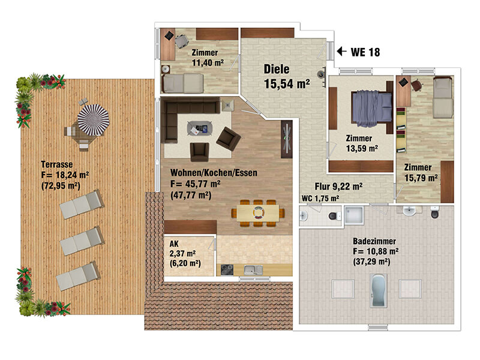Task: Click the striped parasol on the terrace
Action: coord(94,119)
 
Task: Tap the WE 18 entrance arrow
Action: coord(341,51)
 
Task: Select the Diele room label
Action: coord(277,69)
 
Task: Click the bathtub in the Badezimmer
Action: coord(379,290)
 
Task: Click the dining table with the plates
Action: coord(258,212)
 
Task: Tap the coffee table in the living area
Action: coord(200,128)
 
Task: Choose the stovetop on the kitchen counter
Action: coord(227,269)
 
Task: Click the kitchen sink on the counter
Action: coord(253,269)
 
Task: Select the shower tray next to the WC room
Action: coord(354,215)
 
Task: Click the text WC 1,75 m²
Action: coord(320,199)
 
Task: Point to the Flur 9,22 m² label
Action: coord(338,186)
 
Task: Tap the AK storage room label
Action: coord(174,244)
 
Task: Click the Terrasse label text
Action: coord(57,164)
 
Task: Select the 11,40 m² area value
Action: coord(208,63)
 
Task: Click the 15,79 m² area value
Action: coord(421,178)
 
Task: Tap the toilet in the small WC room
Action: coord(334,216)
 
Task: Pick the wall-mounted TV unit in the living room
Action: coord(287,139)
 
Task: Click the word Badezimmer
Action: coord(374,241)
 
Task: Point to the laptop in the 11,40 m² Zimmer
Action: coord(169,36)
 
